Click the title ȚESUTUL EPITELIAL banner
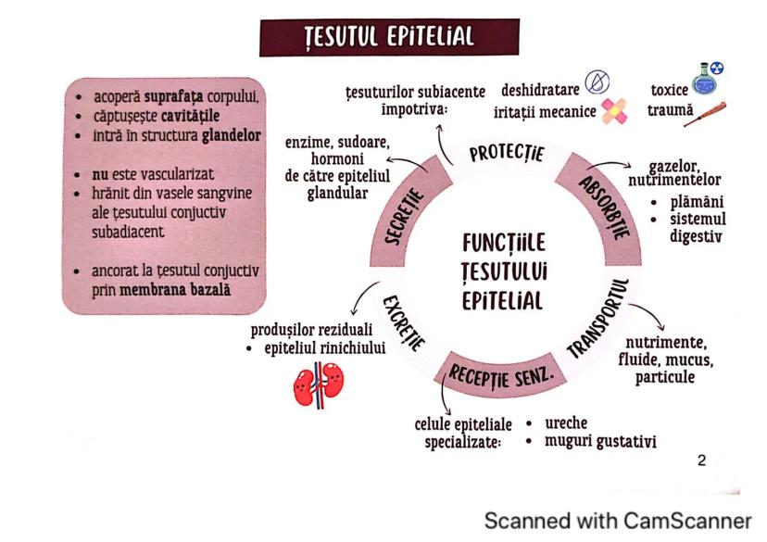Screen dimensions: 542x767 (x=389, y=36)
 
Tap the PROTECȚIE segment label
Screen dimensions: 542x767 (x=506, y=152)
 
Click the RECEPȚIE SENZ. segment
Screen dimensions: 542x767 (x=501, y=374)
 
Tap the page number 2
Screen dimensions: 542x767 (x=700, y=460)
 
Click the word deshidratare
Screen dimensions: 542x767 (x=540, y=91)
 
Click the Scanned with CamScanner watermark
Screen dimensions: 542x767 (x=618, y=520)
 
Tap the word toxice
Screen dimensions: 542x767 (x=670, y=91)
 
